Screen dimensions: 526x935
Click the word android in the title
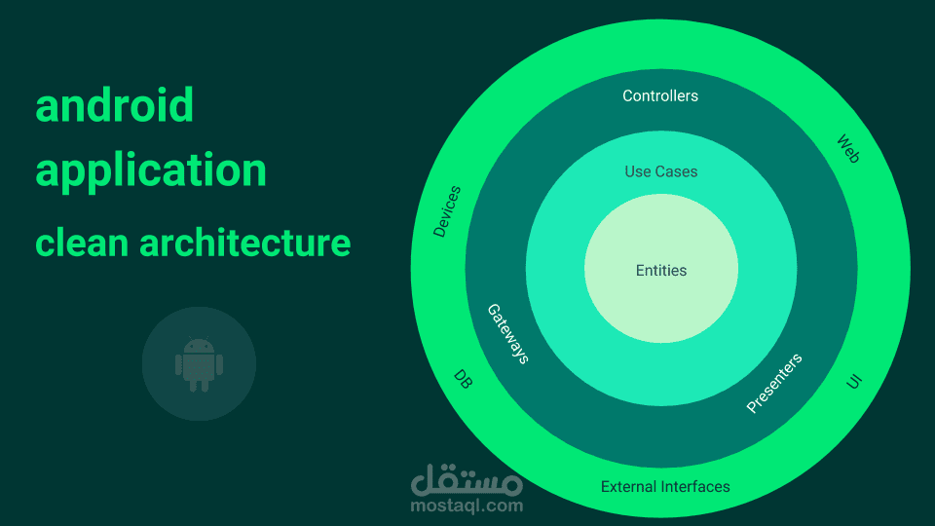pyautogui.click(x=115, y=105)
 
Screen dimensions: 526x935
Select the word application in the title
pyautogui.click(x=151, y=169)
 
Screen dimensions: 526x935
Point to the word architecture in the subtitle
pyautogui.click(x=244, y=242)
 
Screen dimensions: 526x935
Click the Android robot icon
pyautogui.click(x=199, y=364)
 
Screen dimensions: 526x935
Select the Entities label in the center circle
pyautogui.click(x=661, y=271)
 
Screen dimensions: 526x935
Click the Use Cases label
pyautogui.click(x=661, y=171)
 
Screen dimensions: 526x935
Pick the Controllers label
pyautogui.click(x=660, y=95)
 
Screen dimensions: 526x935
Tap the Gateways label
pyautogui.click(x=507, y=334)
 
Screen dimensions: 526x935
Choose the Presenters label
pyautogui.click(x=774, y=383)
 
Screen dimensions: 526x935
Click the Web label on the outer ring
pyautogui.click(x=848, y=148)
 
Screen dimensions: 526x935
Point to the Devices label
pyautogui.click(x=447, y=211)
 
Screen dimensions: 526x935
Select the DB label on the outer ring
pyautogui.click(x=464, y=379)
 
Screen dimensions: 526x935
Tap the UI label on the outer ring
pyautogui.click(x=854, y=382)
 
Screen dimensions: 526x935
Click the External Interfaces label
pyautogui.click(x=665, y=486)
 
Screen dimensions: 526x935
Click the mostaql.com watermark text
pyautogui.click(x=467, y=506)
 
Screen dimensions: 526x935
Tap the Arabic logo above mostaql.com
pyautogui.click(x=467, y=478)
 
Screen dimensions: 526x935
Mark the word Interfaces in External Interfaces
pyautogui.click(x=695, y=486)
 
